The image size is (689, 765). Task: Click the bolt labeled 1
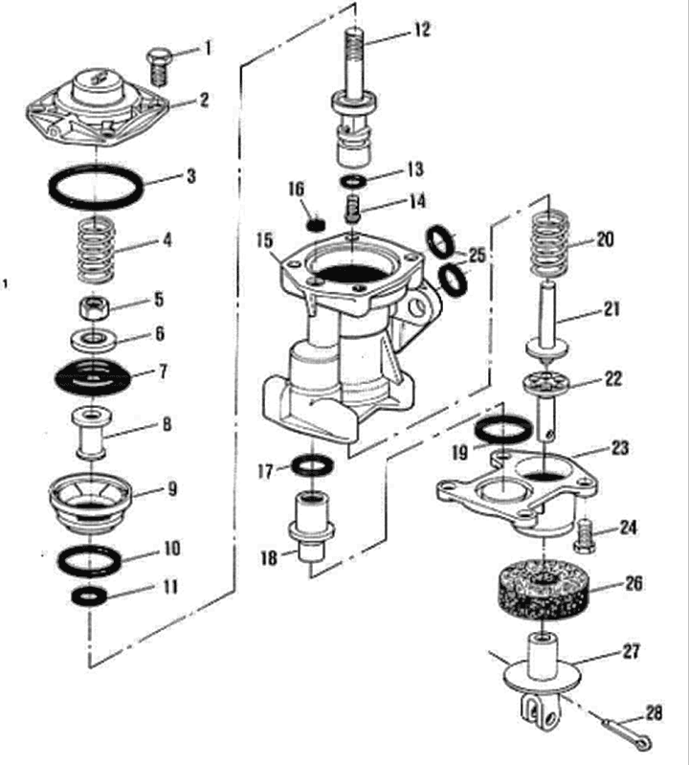point(160,64)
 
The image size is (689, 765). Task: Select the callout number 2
point(205,99)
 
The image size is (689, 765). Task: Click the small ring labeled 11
point(91,596)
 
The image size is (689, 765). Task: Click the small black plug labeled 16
point(310,224)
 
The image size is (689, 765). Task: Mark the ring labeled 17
point(312,466)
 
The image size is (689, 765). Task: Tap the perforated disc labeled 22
point(546,385)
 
